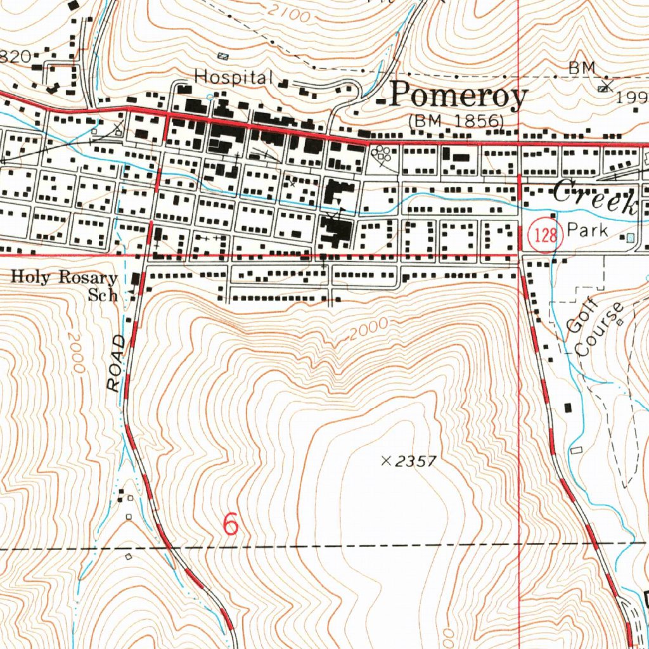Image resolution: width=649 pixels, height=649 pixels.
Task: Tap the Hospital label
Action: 233,77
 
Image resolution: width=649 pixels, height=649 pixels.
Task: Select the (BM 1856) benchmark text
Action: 456,120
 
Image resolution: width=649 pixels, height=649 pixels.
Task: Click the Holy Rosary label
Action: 65,278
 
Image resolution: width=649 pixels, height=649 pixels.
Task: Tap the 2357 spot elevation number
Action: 416,461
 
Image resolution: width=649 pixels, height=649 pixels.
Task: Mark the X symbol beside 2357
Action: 385,461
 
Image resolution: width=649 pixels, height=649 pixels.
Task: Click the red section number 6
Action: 231,524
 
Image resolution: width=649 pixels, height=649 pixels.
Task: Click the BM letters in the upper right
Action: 582,67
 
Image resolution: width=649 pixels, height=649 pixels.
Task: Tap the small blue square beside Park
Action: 629,238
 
